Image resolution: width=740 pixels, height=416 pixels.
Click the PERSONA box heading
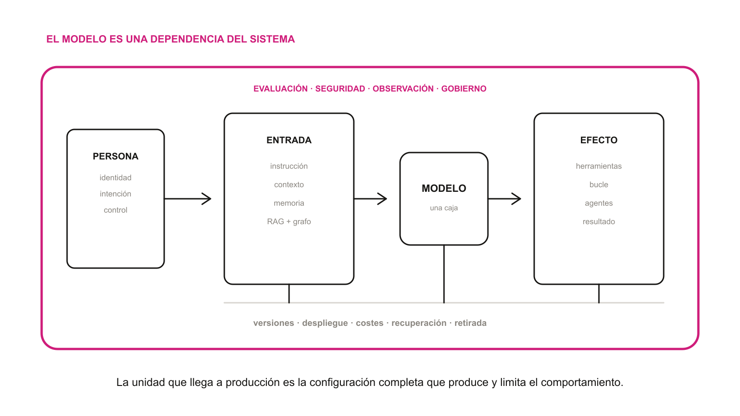click(115, 156)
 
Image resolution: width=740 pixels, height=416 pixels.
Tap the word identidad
click(115, 177)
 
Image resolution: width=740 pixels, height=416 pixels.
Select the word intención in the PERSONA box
click(115, 194)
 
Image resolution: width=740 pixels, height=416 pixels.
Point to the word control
click(115, 210)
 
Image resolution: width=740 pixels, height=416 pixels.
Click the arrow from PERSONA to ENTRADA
click(188, 199)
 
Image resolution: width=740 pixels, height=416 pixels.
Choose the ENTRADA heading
click(289, 140)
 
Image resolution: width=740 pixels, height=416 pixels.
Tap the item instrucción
click(289, 166)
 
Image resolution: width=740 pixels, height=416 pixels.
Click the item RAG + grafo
click(289, 221)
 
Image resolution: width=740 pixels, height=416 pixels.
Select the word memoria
click(289, 203)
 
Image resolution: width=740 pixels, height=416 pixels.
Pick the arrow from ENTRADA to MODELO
click(370, 199)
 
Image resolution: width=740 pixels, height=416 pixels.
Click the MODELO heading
click(444, 188)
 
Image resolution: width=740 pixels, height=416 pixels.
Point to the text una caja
click(444, 208)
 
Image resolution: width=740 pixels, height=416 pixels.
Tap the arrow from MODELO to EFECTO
click(505, 199)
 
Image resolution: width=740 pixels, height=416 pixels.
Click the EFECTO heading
click(598, 140)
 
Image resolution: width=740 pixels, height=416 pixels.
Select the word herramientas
click(598, 166)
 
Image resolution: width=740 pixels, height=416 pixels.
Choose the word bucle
click(598, 184)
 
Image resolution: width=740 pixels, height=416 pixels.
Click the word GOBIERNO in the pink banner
click(464, 89)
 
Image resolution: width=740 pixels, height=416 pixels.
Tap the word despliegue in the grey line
click(325, 323)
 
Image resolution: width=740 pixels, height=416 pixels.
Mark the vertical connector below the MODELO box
click(444, 274)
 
